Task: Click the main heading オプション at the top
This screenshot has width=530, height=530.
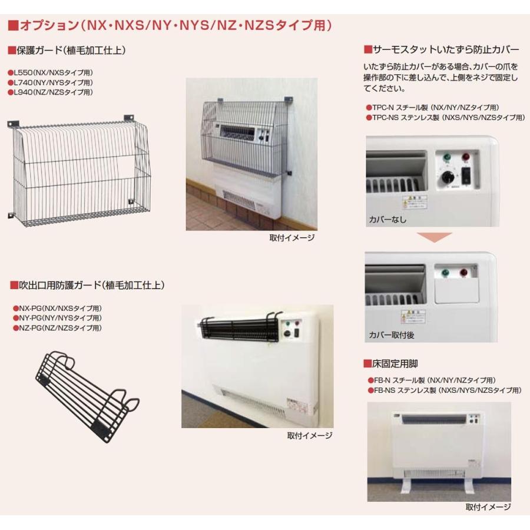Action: click(x=171, y=25)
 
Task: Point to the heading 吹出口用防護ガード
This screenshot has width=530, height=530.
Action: click(x=88, y=285)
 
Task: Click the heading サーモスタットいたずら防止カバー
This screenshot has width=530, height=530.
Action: click(x=442, y=48)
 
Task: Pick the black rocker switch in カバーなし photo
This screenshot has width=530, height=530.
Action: click(x=467, y=175)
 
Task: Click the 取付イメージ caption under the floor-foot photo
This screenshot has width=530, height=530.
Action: click(x=488, y=506)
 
